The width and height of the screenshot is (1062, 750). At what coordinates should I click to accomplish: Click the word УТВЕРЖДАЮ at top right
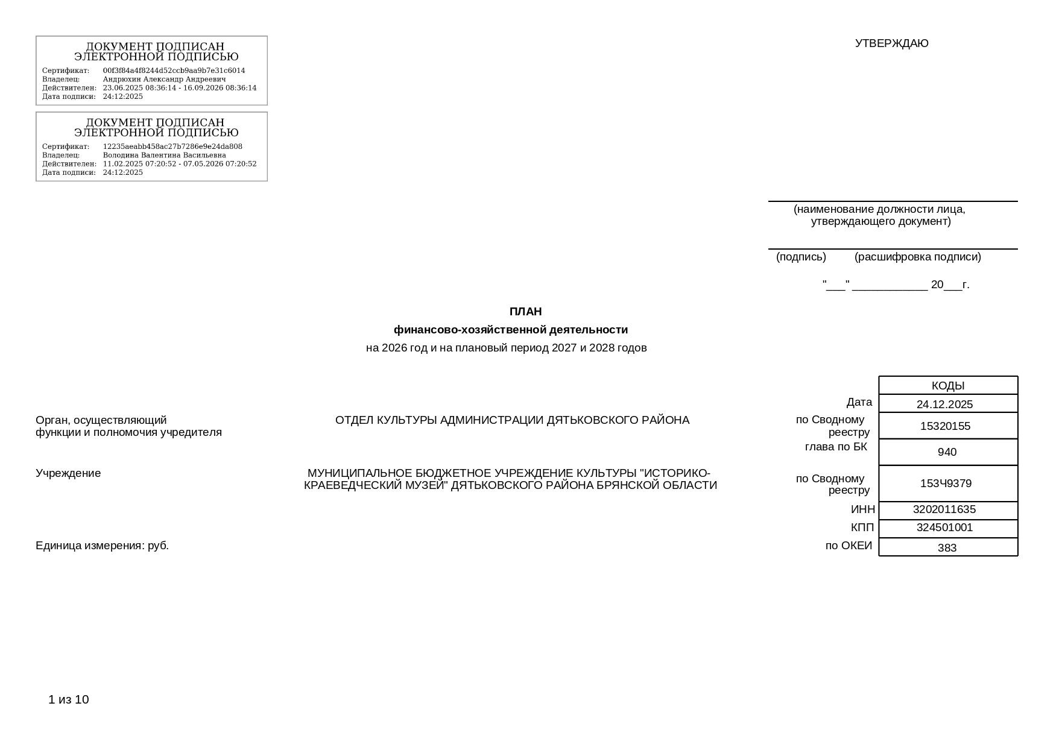[891, 43]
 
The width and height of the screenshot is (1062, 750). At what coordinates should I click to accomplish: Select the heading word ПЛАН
[525, 312]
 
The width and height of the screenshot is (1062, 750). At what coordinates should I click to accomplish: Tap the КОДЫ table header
[947, 386]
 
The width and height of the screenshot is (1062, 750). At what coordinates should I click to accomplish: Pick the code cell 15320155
[945, 426]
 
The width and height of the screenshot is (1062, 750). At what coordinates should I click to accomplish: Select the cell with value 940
[947, 452]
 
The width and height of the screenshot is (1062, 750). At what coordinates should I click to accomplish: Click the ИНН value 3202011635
[944, 509]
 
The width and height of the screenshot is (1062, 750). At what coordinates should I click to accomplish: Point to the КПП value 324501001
[944, 528]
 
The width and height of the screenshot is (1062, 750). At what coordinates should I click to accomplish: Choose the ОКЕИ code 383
[947, 548]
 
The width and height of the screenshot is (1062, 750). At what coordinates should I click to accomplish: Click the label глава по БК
[836, 447]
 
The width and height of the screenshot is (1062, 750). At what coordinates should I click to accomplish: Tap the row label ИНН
[862, 510]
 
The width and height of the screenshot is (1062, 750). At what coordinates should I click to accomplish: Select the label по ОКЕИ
[849, 546]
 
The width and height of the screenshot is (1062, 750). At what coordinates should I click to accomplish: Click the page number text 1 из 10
[69, 699]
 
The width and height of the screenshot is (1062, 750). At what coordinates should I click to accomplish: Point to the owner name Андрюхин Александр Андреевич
[164, 79]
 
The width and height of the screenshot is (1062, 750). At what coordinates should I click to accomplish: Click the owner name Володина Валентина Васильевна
[164, 155]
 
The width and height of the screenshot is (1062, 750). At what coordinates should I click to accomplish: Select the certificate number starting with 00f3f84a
[174, 71]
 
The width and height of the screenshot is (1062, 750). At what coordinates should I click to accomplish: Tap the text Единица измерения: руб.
[102, 546]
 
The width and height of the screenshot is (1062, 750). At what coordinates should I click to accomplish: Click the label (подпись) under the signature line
[801, 257]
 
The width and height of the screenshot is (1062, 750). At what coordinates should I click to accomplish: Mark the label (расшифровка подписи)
[917, 257]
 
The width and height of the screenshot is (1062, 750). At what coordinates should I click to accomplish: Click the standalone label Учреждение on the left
[68, 473]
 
